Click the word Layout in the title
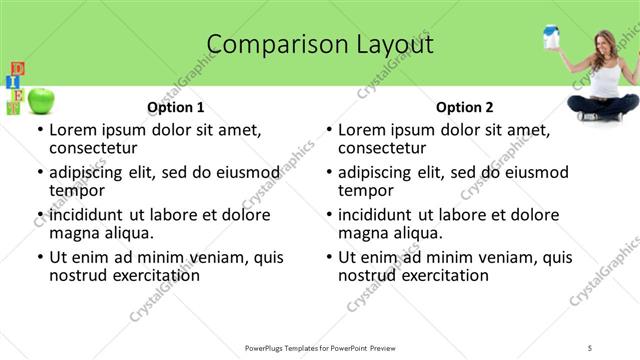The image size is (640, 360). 390,45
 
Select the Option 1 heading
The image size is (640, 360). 175,107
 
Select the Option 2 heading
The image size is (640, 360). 464,107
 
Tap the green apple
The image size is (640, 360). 41,100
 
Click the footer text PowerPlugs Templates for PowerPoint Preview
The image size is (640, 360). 319,347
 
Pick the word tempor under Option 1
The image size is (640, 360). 76,190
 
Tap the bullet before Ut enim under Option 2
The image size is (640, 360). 329,258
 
